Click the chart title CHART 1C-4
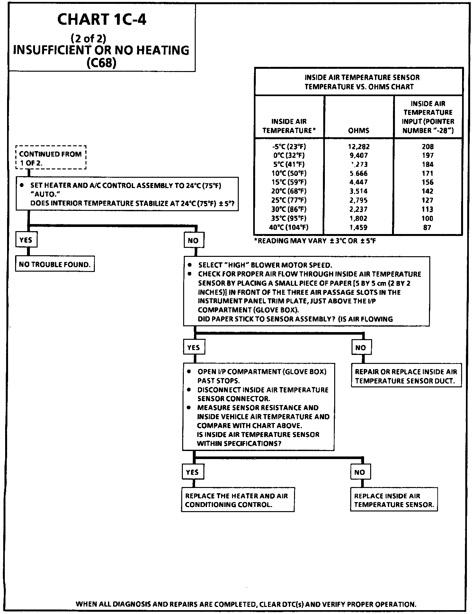click(x=102, y=20)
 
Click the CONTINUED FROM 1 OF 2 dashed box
click(x=51, y=158)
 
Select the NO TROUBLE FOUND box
click(x=55, y=265)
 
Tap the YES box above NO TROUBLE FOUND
click(x=26, y=240)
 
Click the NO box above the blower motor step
click(x=193, y=240)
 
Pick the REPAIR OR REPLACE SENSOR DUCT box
click(x=406, y=376)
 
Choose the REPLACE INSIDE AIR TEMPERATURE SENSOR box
click(x=394, y=500)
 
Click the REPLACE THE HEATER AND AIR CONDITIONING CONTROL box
click(x=237, y=500)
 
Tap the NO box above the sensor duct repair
click(x=361, y=348)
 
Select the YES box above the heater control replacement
click(x=192, y=472)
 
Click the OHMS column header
click(x=359, y=131)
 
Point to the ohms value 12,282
click(x=359, y=147)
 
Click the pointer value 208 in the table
click(x=428, y=147)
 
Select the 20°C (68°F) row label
click(x=289, y=191)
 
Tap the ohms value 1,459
click(x=359, y=227)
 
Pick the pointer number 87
click(x=427, y=227)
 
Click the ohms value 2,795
click(x=359, y=200)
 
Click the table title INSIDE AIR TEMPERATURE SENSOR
click(x=362, y=77)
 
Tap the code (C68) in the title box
click(x=101, y=63)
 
